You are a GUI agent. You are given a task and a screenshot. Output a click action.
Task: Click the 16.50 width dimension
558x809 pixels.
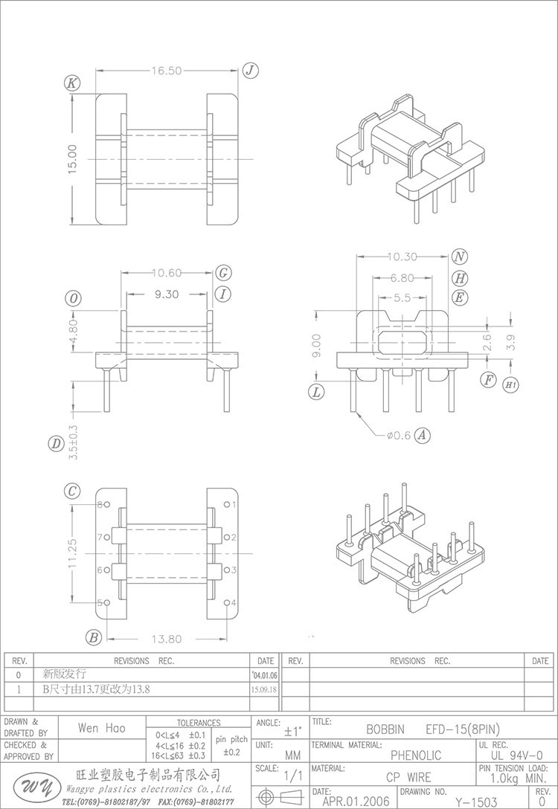pos(167,71)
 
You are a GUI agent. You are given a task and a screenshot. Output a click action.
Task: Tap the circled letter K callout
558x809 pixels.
pos(72,83)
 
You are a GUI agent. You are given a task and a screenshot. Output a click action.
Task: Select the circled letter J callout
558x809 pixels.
pos(250,71)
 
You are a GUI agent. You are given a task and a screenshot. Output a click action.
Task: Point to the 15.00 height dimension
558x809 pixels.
pos(72,159)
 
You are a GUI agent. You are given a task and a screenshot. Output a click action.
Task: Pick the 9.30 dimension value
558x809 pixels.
pos(167,294)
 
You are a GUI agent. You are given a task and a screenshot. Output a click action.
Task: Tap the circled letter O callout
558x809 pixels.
pos(74,298)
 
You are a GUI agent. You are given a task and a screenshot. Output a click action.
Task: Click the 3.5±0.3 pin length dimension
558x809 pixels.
pos(73,443)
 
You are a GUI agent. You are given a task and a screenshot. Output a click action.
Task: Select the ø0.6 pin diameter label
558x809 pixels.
pos(398,436)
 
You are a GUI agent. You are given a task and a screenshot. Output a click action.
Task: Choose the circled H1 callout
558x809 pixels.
pos(510,385)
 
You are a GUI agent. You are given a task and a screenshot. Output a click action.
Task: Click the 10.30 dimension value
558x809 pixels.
pos(402,257)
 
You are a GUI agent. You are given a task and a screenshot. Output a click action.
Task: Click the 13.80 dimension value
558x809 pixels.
pos(167,639)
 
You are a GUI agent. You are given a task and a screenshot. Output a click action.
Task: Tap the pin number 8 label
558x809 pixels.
pos(100,504)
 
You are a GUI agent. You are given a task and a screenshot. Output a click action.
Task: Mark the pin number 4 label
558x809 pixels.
pos(234,602)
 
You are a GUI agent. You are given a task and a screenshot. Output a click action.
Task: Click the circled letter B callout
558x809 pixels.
pos(94,637)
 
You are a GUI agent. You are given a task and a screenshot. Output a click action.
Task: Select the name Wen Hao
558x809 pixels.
pos(101,728)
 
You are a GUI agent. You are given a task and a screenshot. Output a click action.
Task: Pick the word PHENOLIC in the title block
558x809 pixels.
pos(416,755)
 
